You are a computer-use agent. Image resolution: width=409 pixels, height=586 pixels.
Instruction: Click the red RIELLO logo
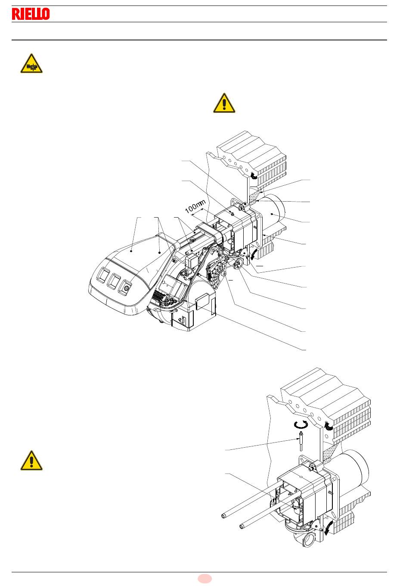pos(31,14)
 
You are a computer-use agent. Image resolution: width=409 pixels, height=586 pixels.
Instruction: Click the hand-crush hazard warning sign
pos(31,64)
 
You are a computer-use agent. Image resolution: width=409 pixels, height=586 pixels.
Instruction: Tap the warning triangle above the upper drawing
pos(224,103)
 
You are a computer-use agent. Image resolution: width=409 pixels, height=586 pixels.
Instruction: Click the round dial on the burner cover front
pos(127,285)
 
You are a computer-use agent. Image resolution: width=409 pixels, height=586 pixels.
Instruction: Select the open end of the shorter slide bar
pos(242,526)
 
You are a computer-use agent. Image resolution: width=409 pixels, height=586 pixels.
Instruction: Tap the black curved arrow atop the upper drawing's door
pos(253,175)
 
